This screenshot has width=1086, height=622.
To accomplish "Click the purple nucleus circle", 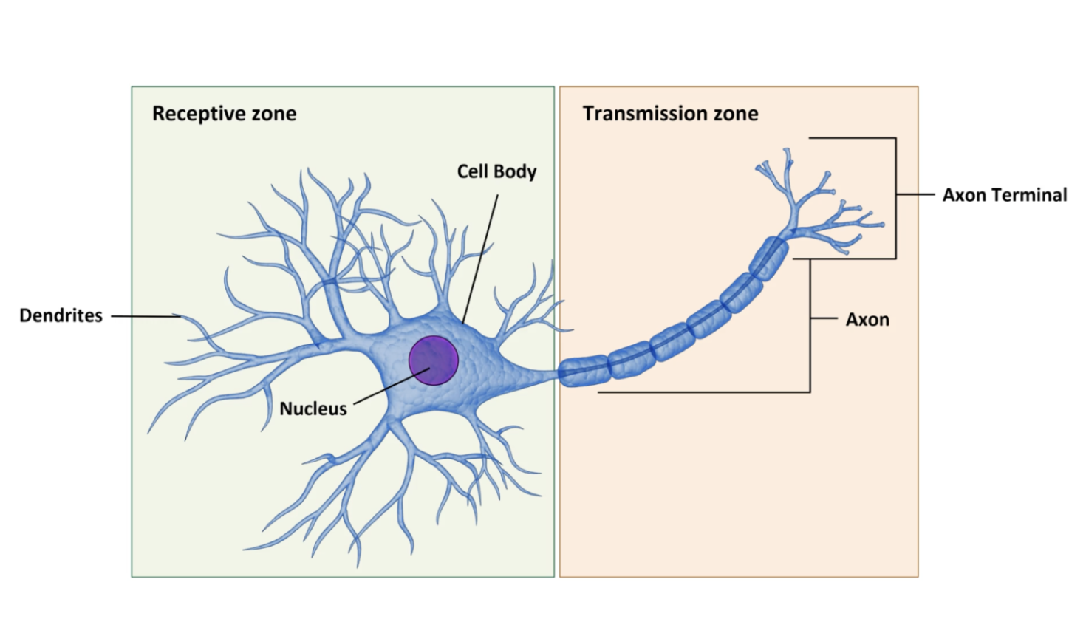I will coord(434,360).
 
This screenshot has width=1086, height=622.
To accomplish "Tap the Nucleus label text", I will coord(313,409).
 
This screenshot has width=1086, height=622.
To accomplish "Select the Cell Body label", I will coord(496,171).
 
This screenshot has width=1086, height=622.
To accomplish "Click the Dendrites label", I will coord(61,315).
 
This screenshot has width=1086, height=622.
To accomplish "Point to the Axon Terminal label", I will coord(1004,195).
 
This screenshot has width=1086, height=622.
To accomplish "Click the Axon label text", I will coord(867,320).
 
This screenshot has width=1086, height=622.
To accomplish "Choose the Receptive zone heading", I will coord(224,114).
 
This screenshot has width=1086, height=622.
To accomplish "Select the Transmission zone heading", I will coord(670,114).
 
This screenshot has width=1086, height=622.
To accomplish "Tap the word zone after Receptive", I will coord(274,114).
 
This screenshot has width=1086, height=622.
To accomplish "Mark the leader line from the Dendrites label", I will coord(144,316).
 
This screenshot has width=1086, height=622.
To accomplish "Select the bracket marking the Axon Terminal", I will coord(896,195).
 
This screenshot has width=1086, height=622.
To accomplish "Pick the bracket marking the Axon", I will coord(810,325).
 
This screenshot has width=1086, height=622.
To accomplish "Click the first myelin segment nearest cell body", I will coord(583,370).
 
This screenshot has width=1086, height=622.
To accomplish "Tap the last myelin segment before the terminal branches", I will coord(769,257).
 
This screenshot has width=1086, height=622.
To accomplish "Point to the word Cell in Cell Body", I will coord(472,171).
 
